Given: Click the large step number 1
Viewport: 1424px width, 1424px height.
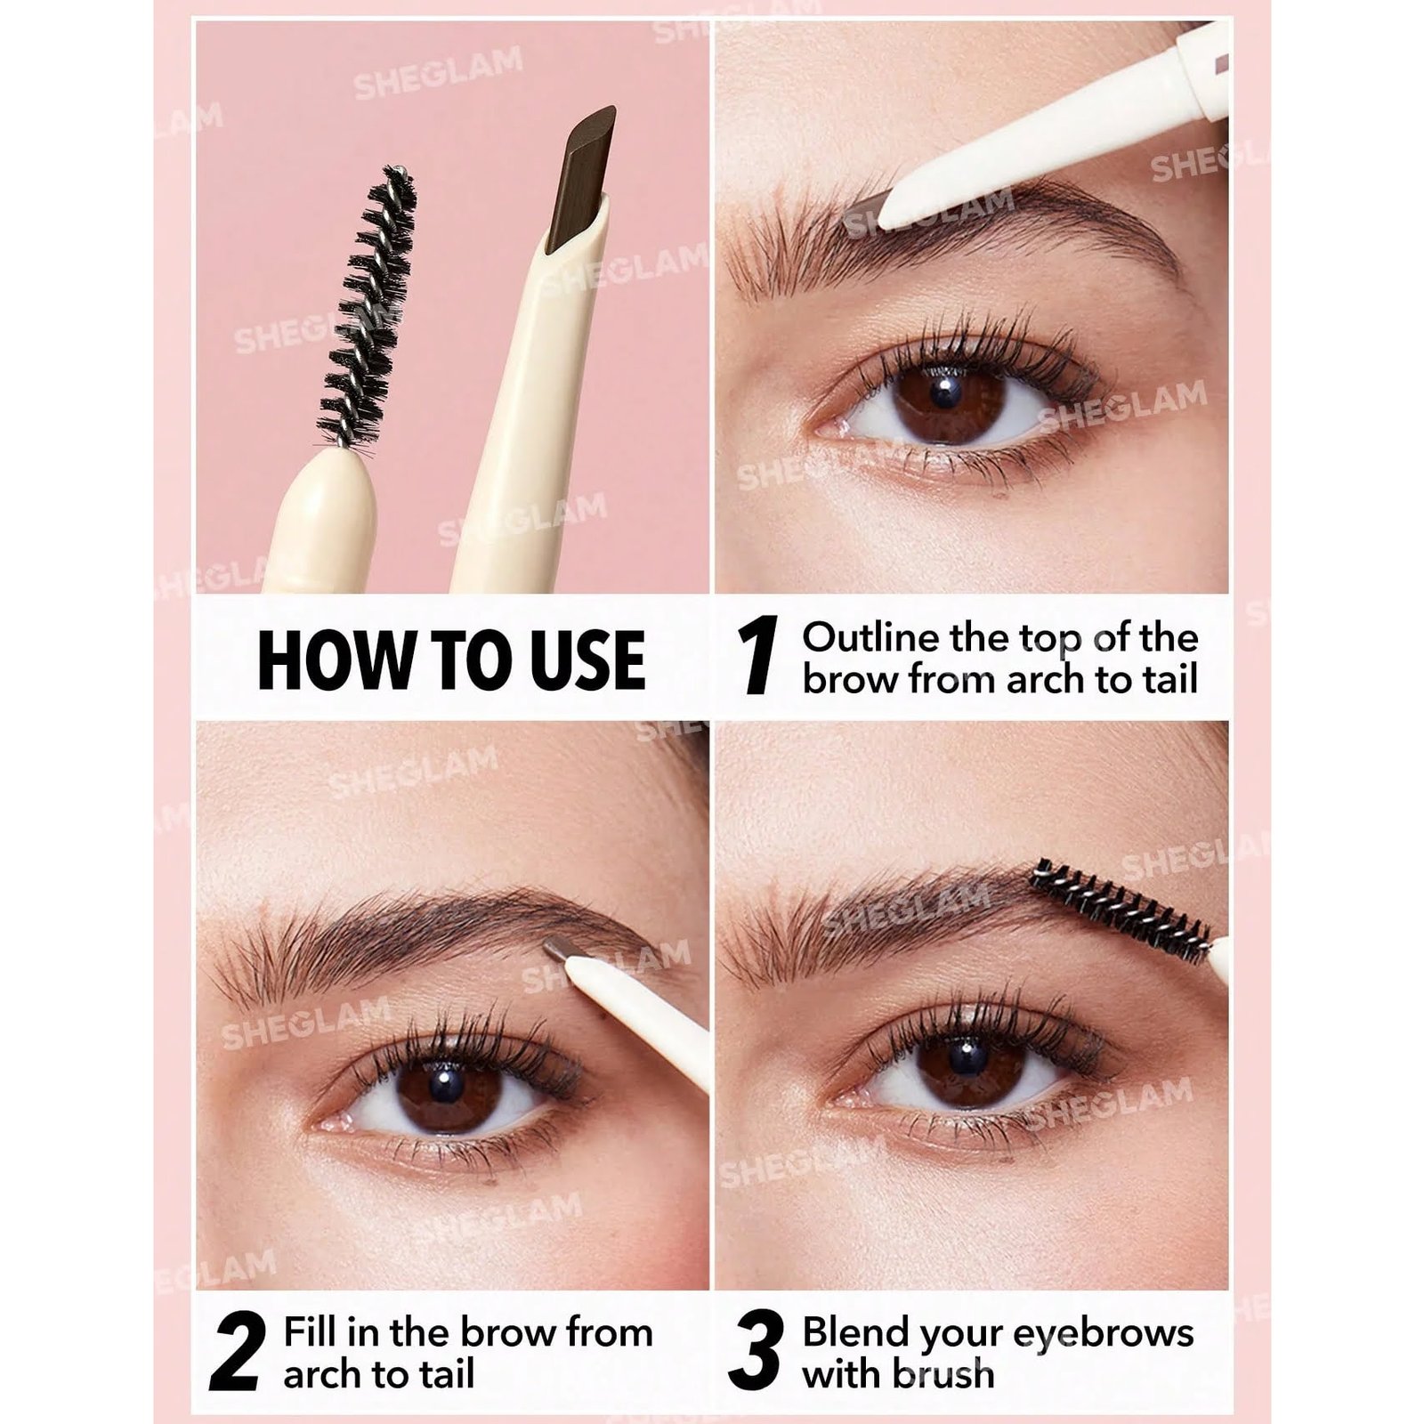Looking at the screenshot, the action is (757, 656).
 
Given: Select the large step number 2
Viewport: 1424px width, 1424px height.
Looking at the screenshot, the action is (237, 1350).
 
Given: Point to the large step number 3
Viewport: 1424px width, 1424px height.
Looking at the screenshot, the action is (756, 1350).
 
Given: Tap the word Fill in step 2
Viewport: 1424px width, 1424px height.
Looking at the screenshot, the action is (310, 1332).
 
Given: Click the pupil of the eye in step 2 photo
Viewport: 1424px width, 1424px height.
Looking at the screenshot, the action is (446, 1084).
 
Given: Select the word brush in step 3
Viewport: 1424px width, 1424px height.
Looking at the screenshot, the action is (943, 1373).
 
